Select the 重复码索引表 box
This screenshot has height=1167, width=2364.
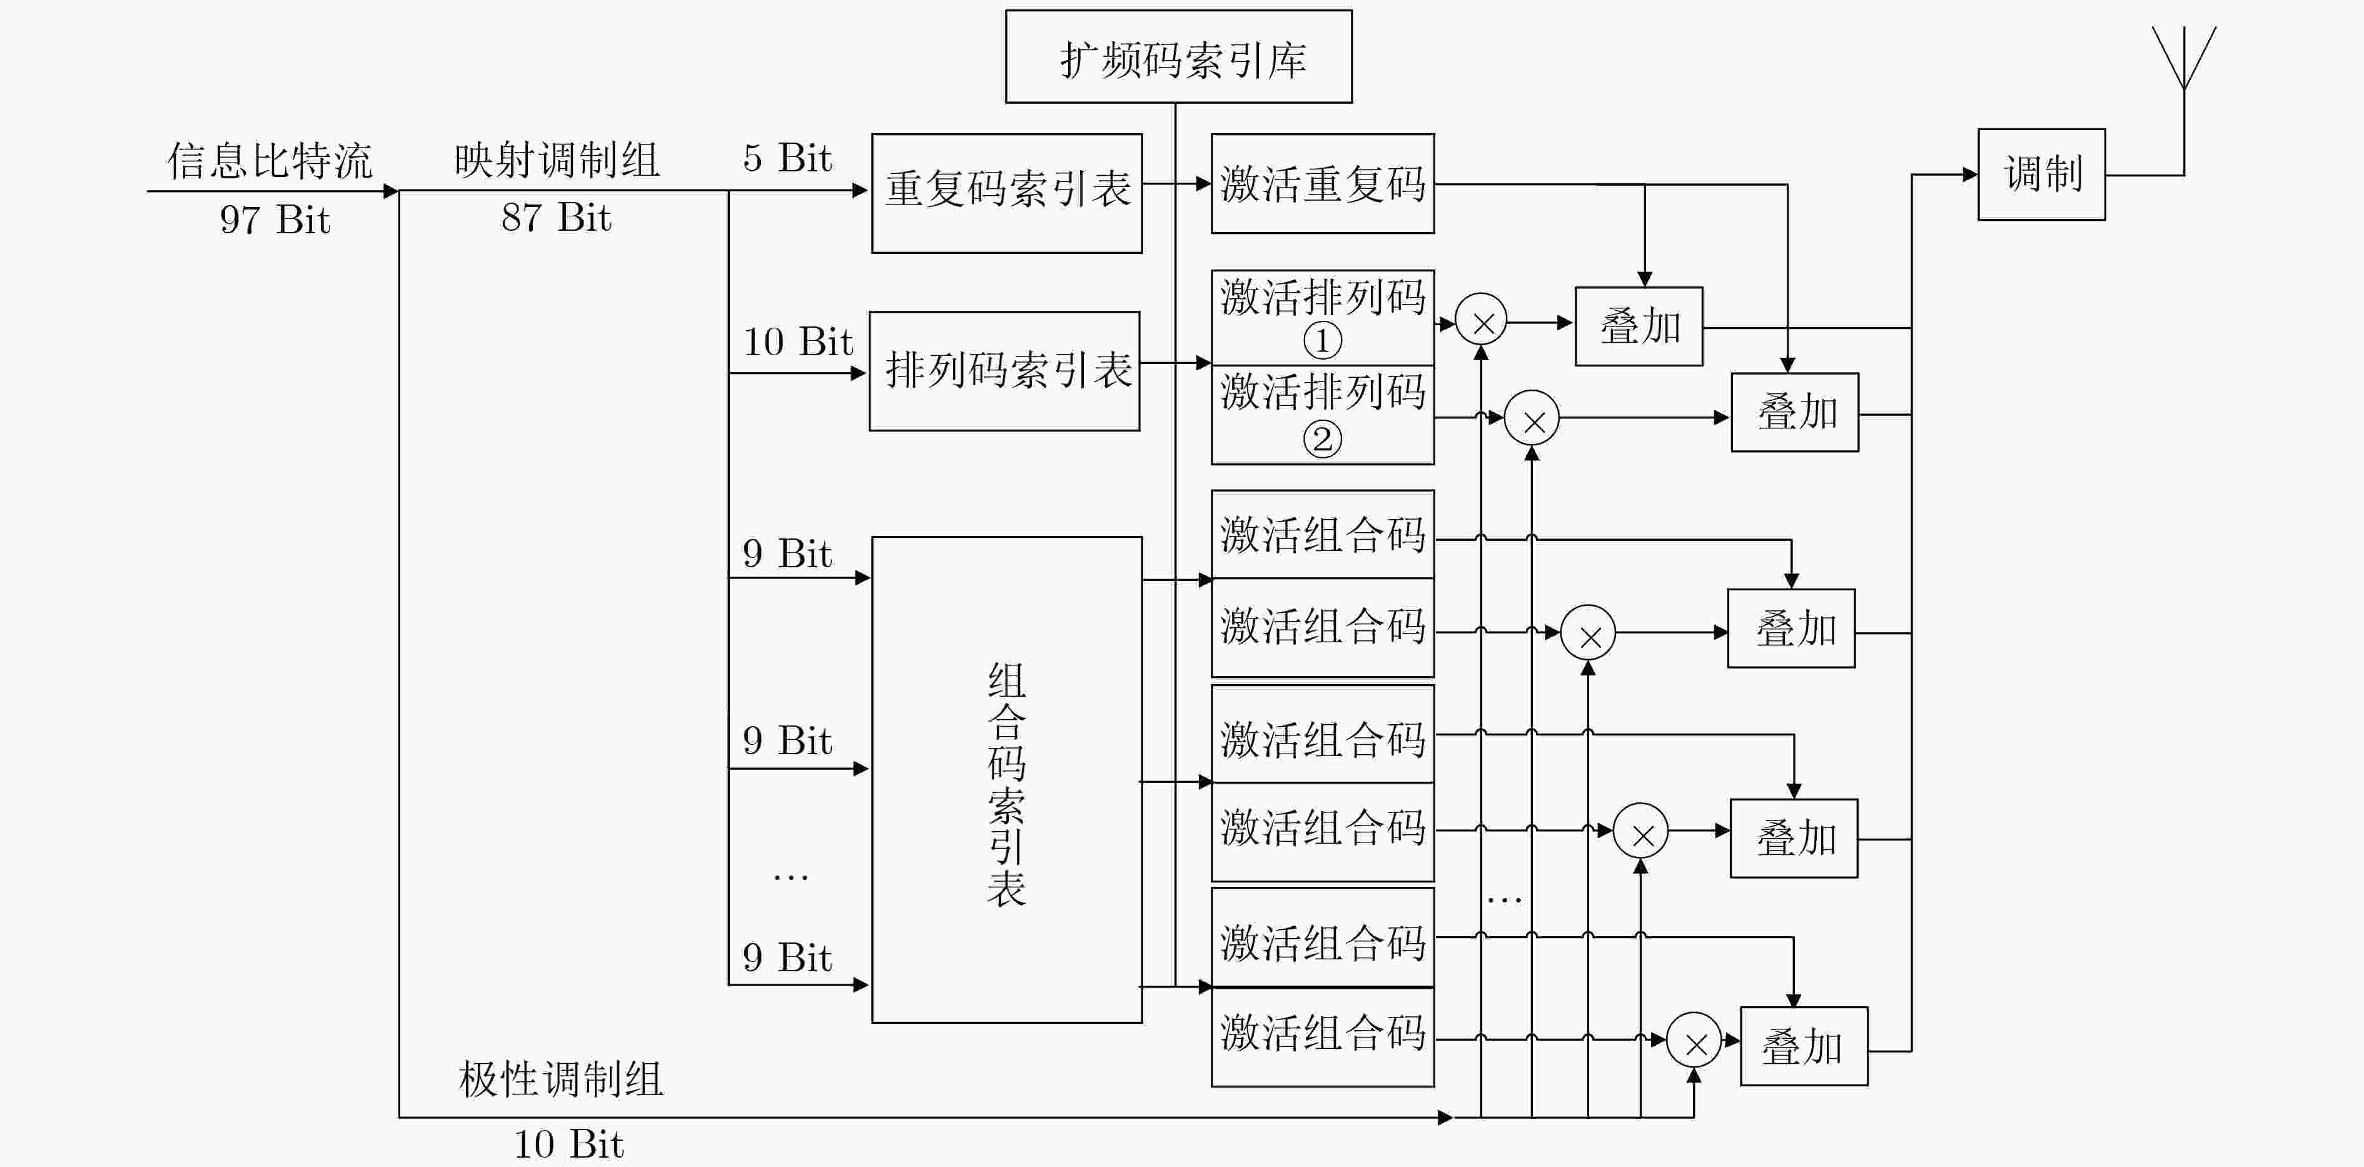point(1007,194)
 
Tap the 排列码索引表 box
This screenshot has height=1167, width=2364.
point(1005,371)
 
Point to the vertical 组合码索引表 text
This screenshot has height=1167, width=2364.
point(1007,784)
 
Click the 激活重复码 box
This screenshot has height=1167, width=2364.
point(1323,183)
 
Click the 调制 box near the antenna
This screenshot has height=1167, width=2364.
point(2041,174)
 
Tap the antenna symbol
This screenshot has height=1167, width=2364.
point(2184,57)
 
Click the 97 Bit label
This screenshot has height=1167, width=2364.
point(275,220)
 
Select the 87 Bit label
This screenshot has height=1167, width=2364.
point(556,218)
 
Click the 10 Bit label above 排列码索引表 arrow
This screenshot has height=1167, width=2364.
point(797,342)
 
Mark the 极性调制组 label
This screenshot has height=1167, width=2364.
point(561,1079)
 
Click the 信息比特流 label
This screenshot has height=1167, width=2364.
point(270,161)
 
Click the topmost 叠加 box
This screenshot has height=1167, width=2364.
point(1639,326)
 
